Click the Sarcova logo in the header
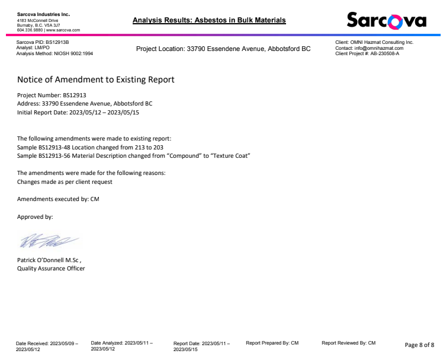pyautogui.click(x=386, y=21)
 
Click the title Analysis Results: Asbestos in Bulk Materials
pyautogui.click(x=209, y=20)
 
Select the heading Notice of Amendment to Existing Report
pyautogui.click(x=95, y=79)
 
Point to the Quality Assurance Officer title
pyautogui.click(x=51, y=268)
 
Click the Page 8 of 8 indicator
pyautogui.click(x=419, y=345)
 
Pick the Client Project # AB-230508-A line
pyautogui.click(x=367, y=53)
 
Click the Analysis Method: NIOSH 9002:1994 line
pyautogui.click(x=54, y=53)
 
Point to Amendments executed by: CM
pyautogui.click(x=58, y=199)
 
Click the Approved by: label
pyautogui.click(x=35, y=216)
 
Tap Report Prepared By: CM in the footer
pyautogui.click(x=272, y=343)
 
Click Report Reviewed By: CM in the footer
pyautogui.click(x=348, y=343)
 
